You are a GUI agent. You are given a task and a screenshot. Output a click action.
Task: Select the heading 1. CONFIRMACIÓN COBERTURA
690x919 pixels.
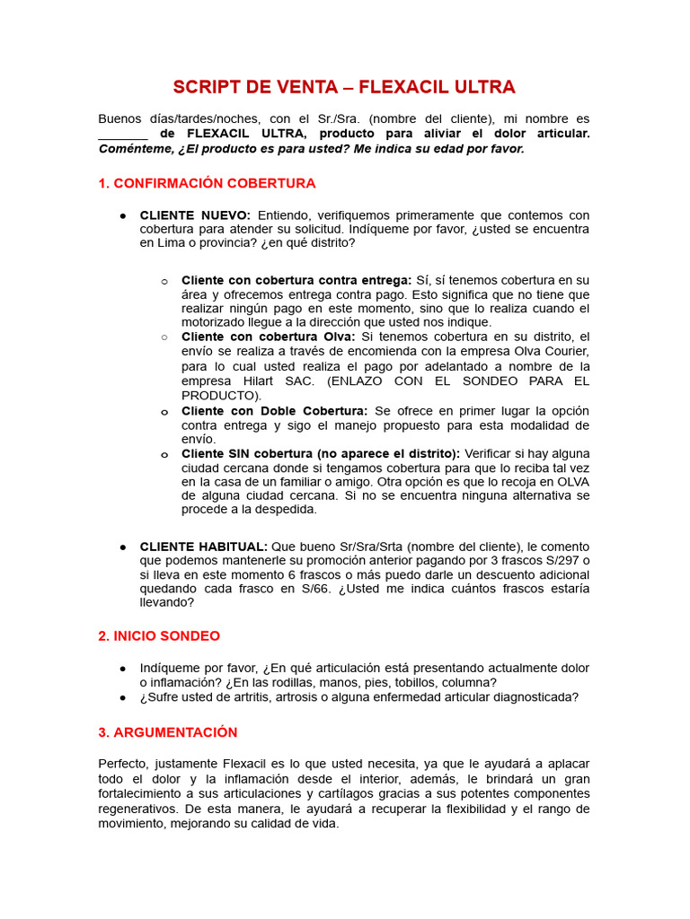coord(207,183)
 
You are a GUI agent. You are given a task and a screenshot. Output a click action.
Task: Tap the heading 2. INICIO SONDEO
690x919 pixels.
coord(159,635)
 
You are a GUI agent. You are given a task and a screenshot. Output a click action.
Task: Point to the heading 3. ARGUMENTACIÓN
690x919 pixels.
coord(168,732)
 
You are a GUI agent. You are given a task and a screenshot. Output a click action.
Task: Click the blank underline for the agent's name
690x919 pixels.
coord(122,134)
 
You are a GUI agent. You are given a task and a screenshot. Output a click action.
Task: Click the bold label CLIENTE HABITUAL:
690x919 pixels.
coord(203,547)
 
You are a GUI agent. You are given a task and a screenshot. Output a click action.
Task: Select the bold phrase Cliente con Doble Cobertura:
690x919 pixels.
coord(275,411)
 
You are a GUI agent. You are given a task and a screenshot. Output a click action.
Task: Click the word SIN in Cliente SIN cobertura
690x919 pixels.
coord(243,453)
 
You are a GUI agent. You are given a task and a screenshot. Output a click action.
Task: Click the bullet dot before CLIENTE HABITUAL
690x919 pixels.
coord(122,547)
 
